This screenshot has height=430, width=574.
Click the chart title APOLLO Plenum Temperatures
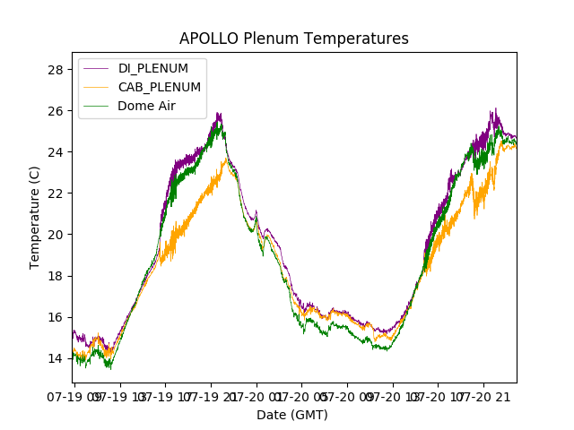[293, 39]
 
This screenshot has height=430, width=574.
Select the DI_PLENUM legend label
[153, 68]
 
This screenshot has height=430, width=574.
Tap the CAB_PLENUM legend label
[160, 87]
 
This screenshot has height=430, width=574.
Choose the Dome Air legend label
[147, 106]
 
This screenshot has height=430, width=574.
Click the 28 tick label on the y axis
[55, 70]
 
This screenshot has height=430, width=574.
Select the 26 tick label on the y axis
[55, 111]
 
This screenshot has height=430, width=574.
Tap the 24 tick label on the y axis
[55, 152]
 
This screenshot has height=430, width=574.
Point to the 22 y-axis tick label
[55, 193]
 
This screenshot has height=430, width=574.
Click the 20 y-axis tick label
[55, 235]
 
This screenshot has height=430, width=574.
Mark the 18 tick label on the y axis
[55, 276]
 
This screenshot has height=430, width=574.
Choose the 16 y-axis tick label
[55, 317]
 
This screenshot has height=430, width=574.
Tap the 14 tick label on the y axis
[55, 358]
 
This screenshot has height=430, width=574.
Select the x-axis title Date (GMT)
[292, 415]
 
